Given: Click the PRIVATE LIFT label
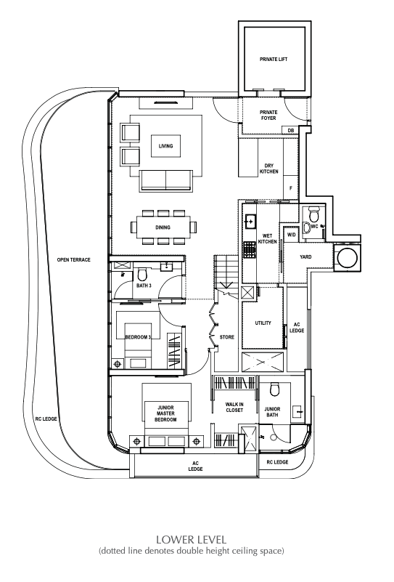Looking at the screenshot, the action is pos(274,59).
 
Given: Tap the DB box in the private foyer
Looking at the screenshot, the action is pos(290,131).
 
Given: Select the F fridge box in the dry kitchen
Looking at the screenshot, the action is pos(291,188).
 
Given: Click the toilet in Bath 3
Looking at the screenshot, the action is pos(142,275).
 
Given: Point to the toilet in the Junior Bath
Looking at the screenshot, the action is pos(275,389).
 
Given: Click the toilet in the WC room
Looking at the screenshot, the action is pos(314,215).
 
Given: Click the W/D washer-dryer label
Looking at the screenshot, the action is pos(292,235).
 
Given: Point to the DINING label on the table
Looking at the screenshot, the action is pos(163,227).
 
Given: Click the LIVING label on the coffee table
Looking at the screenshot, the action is pos(165,146).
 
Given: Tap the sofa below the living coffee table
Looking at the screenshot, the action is pos(166,181).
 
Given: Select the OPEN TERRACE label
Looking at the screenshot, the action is pos(74,260).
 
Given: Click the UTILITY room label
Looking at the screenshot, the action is pos(263,323).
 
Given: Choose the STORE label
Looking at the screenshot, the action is pos(227,337).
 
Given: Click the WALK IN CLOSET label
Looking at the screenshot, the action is pos(234,407).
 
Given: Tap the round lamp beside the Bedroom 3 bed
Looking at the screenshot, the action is pos(118,364).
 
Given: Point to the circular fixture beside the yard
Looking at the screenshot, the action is pos(348,257).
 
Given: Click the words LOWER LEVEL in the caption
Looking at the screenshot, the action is pos(192,539).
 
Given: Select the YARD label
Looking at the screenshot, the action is pos(305,257).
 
